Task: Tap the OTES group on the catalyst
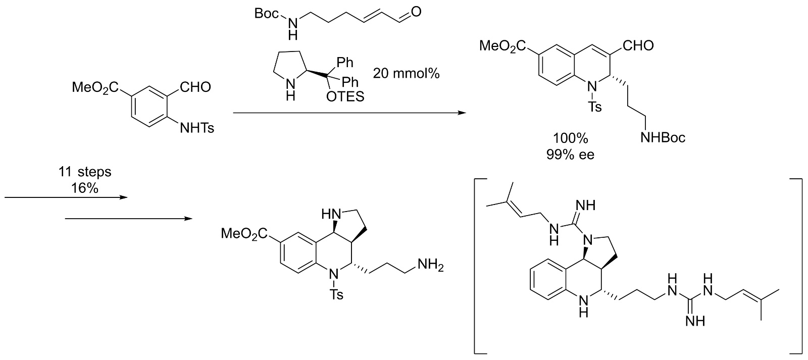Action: click(345, 96)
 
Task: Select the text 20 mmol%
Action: click(407, 73)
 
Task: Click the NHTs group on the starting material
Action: click(197, 128)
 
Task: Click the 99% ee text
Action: click(570, 155)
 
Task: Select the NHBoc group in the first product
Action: click(663, 137)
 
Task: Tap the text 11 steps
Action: click(84, 172)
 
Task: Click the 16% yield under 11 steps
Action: click(84, 188)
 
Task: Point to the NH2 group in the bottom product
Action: click(428, 265)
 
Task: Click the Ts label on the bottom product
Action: click(336, 294)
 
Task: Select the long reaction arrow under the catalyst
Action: click(348, 113)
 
